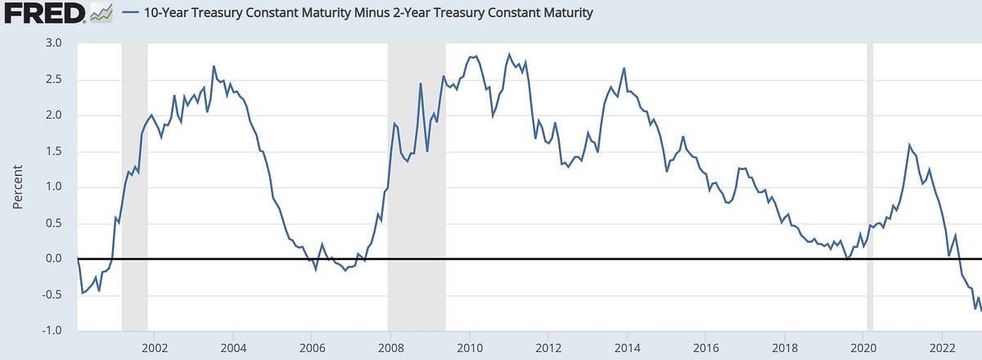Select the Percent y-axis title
[18, 187]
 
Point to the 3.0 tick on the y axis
[53, 43]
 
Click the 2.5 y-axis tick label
[53, 79]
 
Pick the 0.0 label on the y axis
[53, 259]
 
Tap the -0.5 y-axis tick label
[52, 295]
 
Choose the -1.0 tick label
[52, 331]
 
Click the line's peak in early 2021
[909, 145]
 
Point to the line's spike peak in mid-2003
[214, 67]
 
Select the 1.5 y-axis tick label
[53, 151]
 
